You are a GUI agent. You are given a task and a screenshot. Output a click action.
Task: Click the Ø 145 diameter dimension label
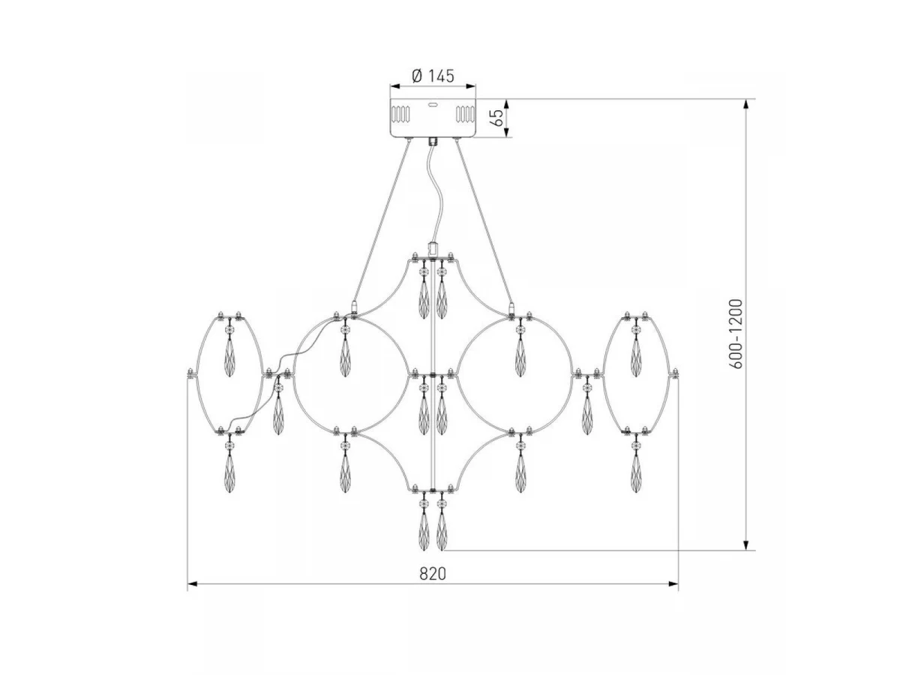(x=432, y=76)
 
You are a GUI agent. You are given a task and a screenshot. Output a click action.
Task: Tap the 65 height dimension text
(x=496, y=118)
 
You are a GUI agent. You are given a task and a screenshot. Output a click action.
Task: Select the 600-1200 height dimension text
(x=736, y=334)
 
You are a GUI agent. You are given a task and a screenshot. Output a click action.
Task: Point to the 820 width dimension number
(x=432, y=574)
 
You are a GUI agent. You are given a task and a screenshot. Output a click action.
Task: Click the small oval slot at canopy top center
(x=432, y=104)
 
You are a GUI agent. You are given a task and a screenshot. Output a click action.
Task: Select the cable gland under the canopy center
(x=432, y=142)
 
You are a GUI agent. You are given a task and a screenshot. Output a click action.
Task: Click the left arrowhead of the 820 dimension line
(x=193, y=583)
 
